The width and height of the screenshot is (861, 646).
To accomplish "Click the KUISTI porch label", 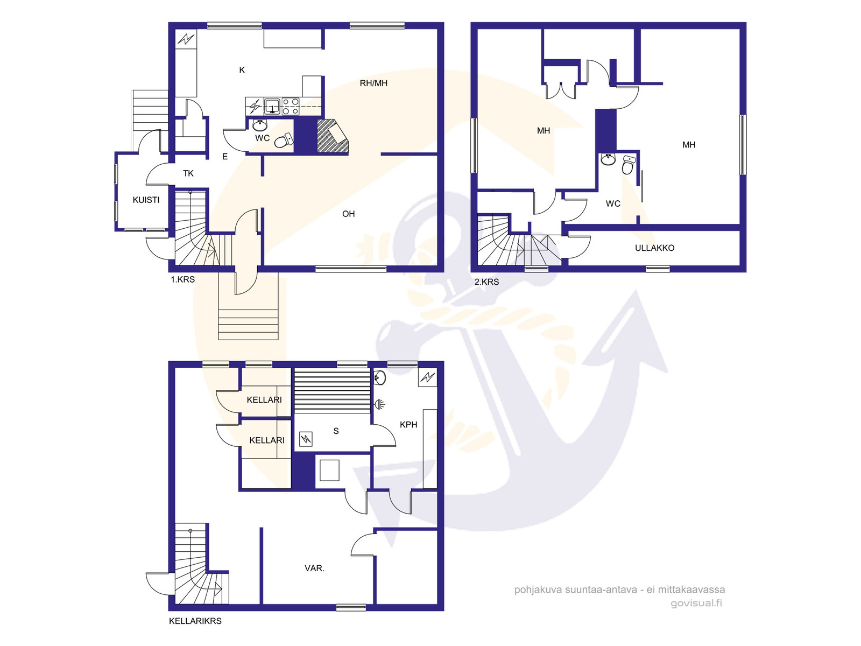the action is pos(146,200).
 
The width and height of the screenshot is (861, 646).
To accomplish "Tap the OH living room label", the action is pos(348,214).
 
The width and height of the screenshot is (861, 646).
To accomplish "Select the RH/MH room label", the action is pos(373,83).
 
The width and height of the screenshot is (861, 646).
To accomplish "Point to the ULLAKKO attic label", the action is pos(654,248).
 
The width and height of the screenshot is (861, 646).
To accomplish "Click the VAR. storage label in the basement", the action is pos(315,568).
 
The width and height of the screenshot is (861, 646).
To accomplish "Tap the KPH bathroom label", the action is pos(408,424).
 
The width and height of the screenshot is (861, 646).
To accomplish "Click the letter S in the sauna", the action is pos(336,431).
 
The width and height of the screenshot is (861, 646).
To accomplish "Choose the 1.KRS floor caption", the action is pos(182,279).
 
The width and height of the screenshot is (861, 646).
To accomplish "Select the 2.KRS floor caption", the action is pos(487,282).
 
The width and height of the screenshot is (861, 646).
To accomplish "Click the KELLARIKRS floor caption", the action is pos(195,621).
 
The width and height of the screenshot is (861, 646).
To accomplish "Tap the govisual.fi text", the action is pos(696,603).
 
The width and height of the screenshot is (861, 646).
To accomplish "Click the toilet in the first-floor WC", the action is pos(283,140).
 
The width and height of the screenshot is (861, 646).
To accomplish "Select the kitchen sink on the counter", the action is pos(272,106).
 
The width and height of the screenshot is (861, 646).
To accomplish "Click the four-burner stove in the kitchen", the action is pos(291,106).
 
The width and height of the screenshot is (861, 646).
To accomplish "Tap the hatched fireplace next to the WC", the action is pos(332,136).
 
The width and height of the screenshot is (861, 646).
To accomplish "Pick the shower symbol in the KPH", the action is pos(380,404).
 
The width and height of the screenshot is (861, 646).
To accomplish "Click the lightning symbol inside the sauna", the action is pos(306,439).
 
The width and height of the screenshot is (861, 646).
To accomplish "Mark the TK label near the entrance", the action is pos(188,173).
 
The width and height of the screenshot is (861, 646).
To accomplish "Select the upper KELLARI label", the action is pos(264,400).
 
